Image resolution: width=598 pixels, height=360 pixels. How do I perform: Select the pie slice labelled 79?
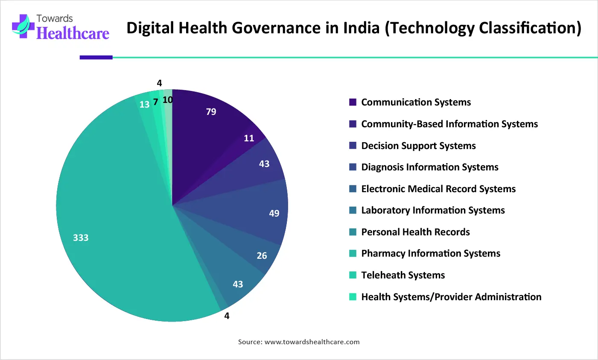point(205,124)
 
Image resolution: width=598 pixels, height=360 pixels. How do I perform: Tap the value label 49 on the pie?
point(274,213)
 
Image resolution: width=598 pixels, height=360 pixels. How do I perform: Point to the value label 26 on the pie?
point(262,256)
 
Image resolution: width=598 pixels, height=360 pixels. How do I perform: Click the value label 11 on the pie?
point(249,138)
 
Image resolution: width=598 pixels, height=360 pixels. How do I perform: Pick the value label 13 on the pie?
point(145,105)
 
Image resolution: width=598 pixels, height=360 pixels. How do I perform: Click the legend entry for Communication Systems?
point(416,102)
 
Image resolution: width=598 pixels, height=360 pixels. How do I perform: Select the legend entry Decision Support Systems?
point(418,146)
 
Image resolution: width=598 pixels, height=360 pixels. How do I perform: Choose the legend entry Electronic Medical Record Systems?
point(438,189)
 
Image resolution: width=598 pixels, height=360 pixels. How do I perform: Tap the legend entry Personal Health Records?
point(415,232)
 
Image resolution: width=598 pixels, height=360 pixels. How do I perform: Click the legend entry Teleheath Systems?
point(403,275)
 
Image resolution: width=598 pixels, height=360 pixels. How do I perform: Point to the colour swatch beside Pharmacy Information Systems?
point(353,254)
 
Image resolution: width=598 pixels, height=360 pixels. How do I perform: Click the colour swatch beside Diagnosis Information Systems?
point(353,167)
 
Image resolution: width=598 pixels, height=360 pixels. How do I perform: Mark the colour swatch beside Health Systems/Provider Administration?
point(353,297)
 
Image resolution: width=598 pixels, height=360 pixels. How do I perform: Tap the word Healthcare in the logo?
point(73,33)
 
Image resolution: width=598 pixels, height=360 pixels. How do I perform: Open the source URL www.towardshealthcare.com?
point(312,342)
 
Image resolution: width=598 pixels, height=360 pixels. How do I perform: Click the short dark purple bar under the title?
point(96,57)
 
